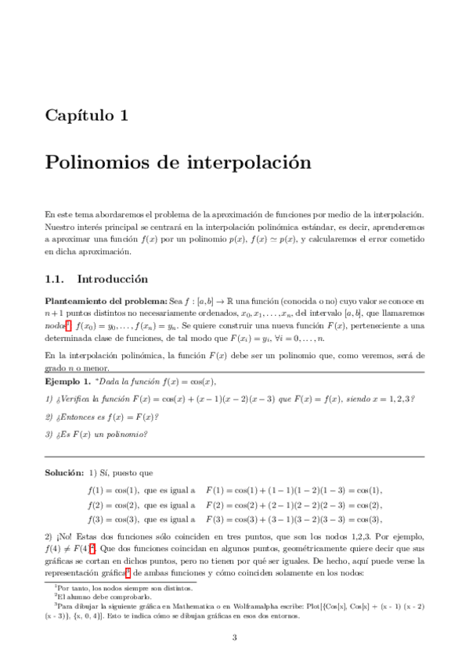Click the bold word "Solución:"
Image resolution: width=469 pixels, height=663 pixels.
63,473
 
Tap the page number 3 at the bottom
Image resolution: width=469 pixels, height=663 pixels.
234,637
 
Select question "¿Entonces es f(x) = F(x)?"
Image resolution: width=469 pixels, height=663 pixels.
102,417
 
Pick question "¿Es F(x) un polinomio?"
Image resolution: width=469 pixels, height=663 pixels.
97,435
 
